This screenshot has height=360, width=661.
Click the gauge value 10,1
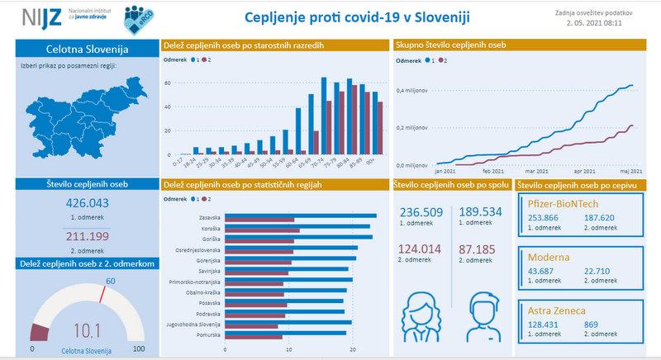point(87,331)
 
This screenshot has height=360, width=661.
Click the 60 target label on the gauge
point(110,282)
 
